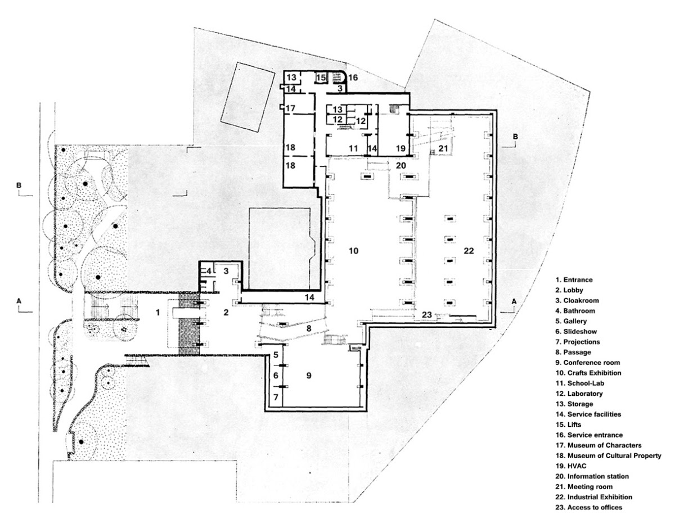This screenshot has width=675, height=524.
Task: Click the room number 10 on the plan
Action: [x=353, y=251]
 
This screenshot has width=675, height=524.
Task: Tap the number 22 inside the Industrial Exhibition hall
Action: [x=469, y=251]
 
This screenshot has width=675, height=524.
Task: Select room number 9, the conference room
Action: [x=309, y=376]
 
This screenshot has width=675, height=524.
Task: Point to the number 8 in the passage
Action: [x=309, y=328]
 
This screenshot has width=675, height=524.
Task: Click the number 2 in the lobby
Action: [x=226, y=312]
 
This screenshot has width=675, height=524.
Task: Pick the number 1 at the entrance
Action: [x=158, y=312]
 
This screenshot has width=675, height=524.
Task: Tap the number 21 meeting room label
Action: [x=443, y=148]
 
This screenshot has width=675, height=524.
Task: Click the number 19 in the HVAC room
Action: [x=400, y=148]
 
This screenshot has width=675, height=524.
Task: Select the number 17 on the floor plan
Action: [x=290, y=109]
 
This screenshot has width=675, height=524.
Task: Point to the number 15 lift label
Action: [x=321, y=78]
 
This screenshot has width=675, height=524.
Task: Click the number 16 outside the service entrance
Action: [x=353, y=77]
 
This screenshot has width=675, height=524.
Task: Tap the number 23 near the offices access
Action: [x=427, y=315]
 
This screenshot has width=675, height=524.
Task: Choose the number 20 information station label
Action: [x=400, y=165]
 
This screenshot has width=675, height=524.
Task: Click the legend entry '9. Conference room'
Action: [x=588, y=363]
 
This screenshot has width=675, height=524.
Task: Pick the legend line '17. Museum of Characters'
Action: [x=598, y=445]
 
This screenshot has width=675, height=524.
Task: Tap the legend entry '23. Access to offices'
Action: [x=589, y=508]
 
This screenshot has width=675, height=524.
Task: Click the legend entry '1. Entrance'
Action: [x=574, y=279]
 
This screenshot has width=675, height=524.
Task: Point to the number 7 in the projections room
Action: [x=276, y=397]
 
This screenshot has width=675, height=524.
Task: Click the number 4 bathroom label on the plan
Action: [x=209, y=272]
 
